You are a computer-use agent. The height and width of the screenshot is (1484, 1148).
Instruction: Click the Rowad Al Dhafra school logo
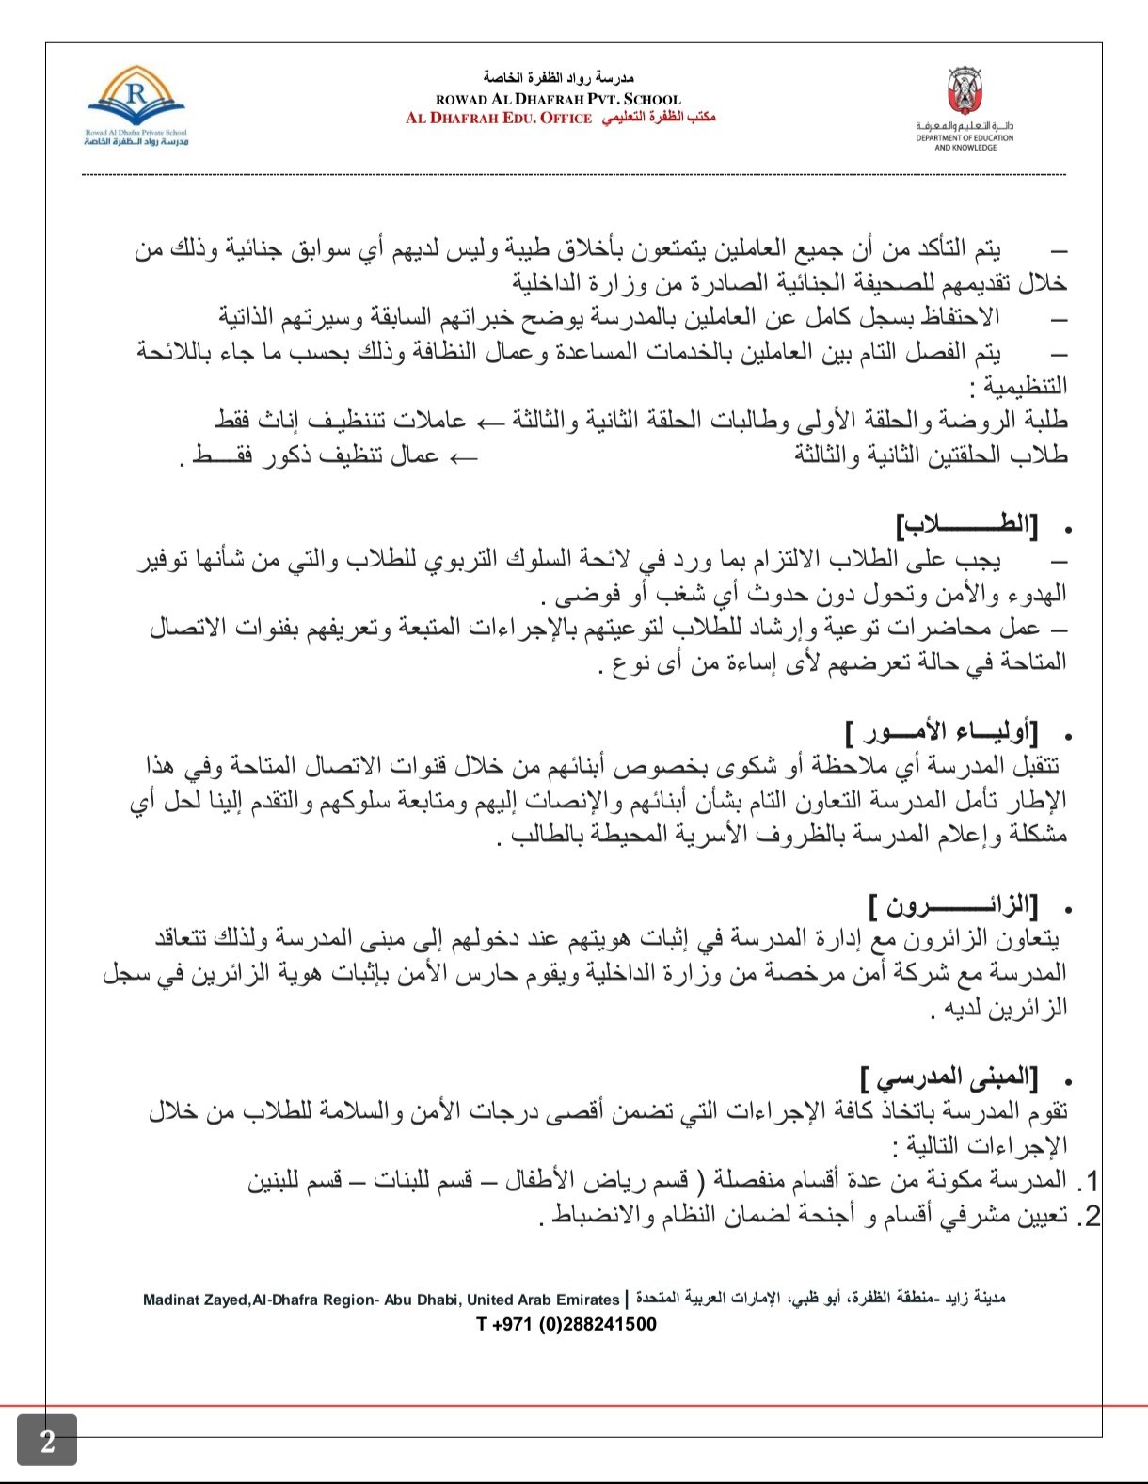pos(136,104)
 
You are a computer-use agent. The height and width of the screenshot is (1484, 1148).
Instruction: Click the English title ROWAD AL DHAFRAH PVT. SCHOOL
pos(558,99)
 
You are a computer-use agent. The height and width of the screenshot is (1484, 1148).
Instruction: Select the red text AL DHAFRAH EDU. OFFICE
pos(499,119)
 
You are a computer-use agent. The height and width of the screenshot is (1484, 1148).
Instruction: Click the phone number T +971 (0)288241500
pos(566,1324)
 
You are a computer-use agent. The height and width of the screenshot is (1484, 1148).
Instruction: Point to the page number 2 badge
pos(47,1441)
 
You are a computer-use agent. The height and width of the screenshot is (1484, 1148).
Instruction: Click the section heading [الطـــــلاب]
pos(967,527)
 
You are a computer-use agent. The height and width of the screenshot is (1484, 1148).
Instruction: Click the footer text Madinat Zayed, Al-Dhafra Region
pos(380,1300)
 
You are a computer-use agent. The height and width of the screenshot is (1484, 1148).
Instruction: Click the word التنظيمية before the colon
pos(1026,386)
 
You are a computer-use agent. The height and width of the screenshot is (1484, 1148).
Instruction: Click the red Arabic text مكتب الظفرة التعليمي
pos(659,118)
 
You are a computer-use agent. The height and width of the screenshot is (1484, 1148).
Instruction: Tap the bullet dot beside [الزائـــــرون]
pos(1067,910)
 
